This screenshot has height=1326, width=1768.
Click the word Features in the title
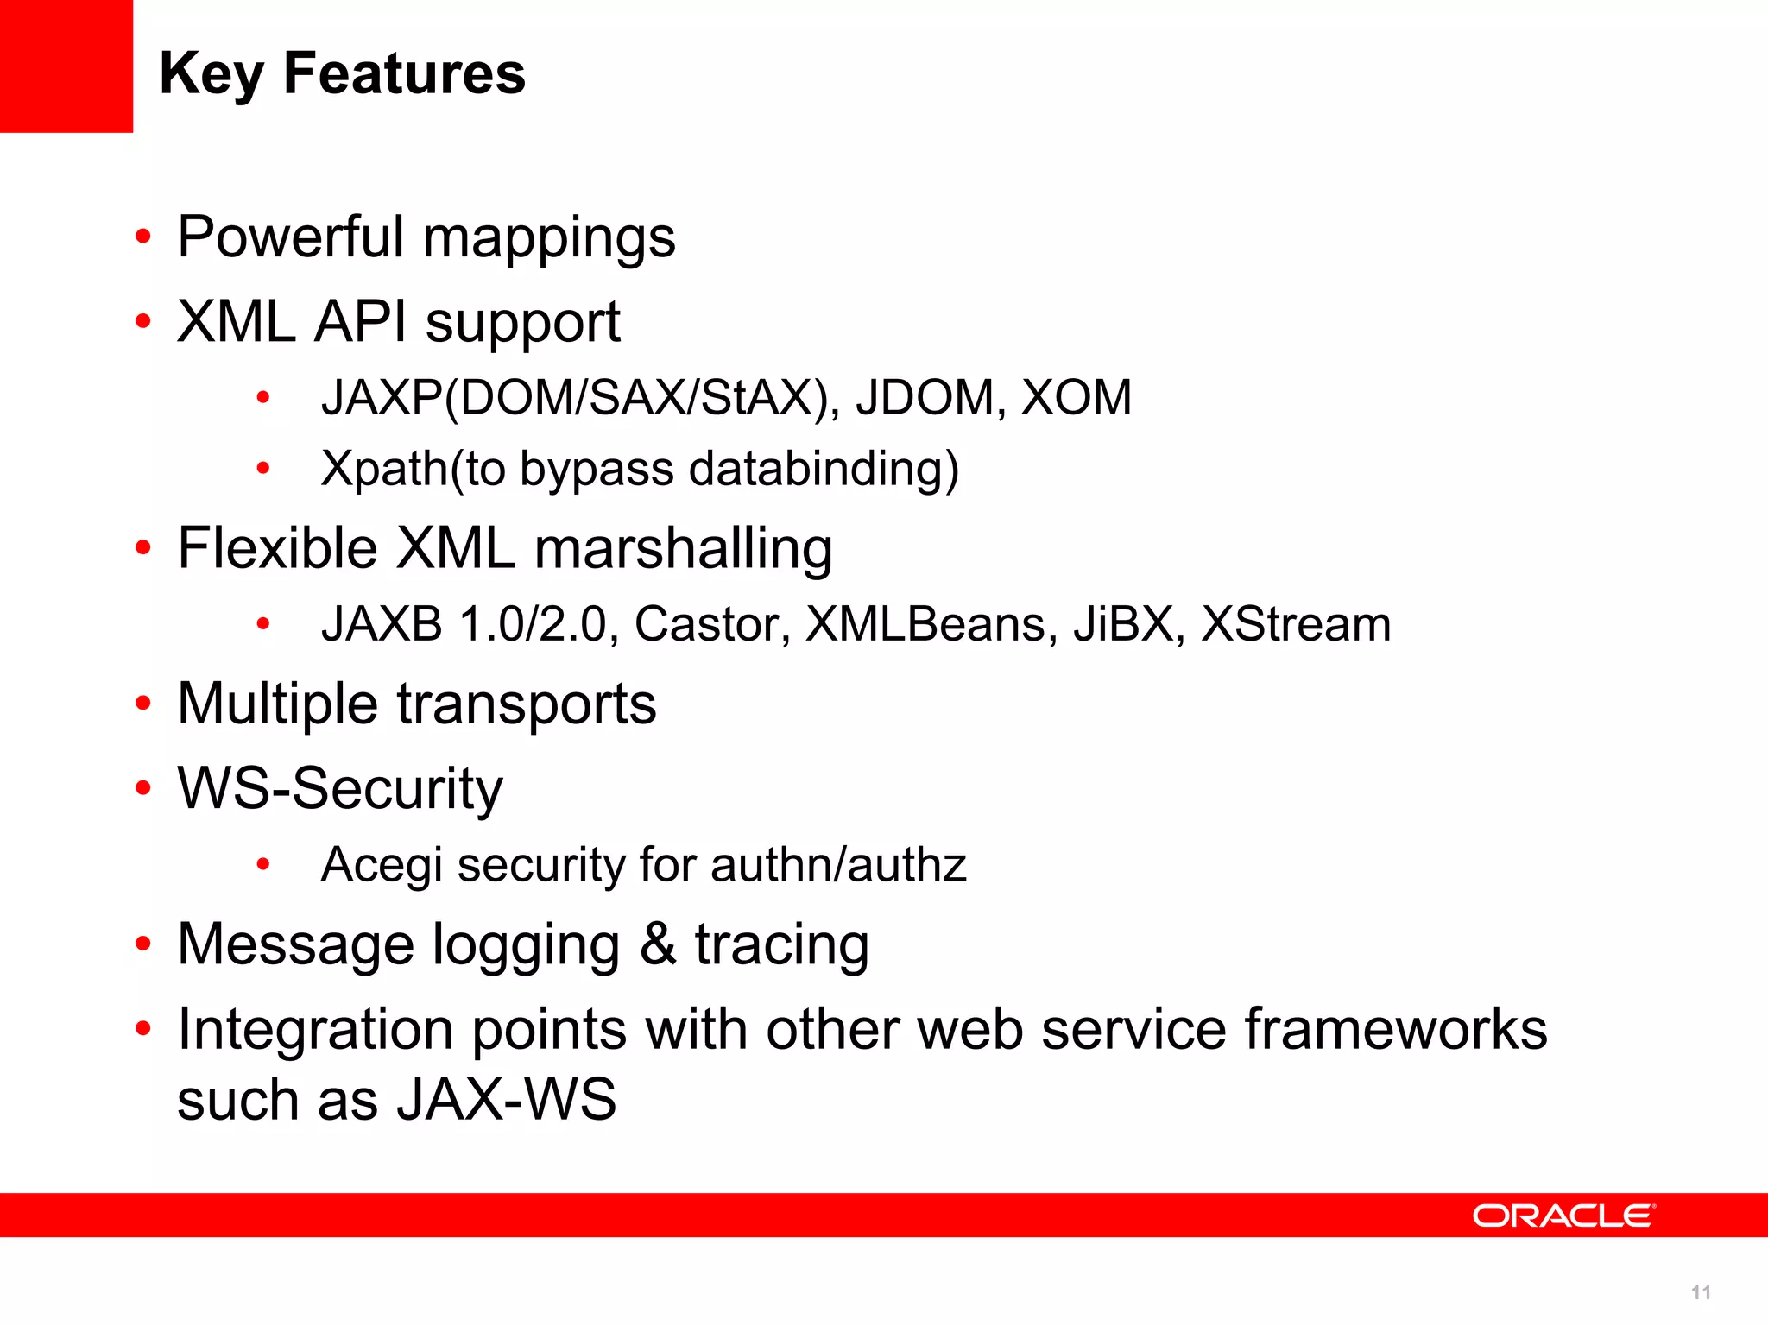(x=404, y=73)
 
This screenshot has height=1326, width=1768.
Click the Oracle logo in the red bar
(x=1563, y=1215)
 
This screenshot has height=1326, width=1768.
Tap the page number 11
(x=1701, y=1292)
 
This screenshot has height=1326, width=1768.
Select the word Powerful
(x=291, y=237)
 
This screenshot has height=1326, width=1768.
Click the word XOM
(x=1076, y=398)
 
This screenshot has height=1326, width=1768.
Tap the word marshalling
(x=684, y=549)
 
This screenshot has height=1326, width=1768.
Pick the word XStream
(x=1296, y=624)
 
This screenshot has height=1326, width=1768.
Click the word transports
(x=527, y=704)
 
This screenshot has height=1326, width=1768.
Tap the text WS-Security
(x=340, y=789)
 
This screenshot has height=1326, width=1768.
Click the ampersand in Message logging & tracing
(x=658, y=944)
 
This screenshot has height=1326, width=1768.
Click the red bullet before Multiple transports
(x=143, y=703)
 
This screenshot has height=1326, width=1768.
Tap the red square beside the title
(x=66, y=66)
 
